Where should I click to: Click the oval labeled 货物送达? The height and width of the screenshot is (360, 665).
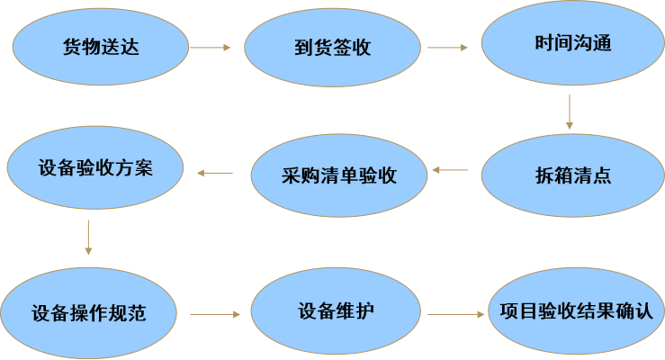[101, 47]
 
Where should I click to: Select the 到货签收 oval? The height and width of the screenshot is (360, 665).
[332, 48]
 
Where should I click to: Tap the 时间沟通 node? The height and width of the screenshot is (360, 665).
[573, 43]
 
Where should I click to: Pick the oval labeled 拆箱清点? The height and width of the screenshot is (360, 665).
[573, 175]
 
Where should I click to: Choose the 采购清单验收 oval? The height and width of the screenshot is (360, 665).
[339, 175]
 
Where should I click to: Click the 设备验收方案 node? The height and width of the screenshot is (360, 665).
[95, 167]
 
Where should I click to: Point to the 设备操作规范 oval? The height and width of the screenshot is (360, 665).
[89, 313]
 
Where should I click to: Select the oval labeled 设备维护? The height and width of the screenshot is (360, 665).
[336, 310]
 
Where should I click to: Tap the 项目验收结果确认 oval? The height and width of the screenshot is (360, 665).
[576, 310]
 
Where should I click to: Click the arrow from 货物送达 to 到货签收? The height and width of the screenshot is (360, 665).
[210, 48]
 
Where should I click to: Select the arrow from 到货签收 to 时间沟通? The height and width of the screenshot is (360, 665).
[447, 48]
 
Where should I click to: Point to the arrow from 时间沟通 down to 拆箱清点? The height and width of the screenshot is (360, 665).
[570, 112]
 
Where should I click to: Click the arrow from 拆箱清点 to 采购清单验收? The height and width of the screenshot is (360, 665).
[450, 170]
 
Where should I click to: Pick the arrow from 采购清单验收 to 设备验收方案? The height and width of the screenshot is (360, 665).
[215, 173]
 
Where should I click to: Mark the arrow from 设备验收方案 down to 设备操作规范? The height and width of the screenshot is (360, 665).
[88, 238]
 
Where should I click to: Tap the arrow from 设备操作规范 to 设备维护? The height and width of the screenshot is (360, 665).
[215, 315]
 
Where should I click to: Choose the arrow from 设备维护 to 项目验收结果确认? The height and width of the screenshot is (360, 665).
[456, 315]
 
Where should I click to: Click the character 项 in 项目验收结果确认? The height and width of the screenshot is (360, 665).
[509, 310]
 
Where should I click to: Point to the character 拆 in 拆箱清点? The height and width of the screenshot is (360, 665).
[544, 175]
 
